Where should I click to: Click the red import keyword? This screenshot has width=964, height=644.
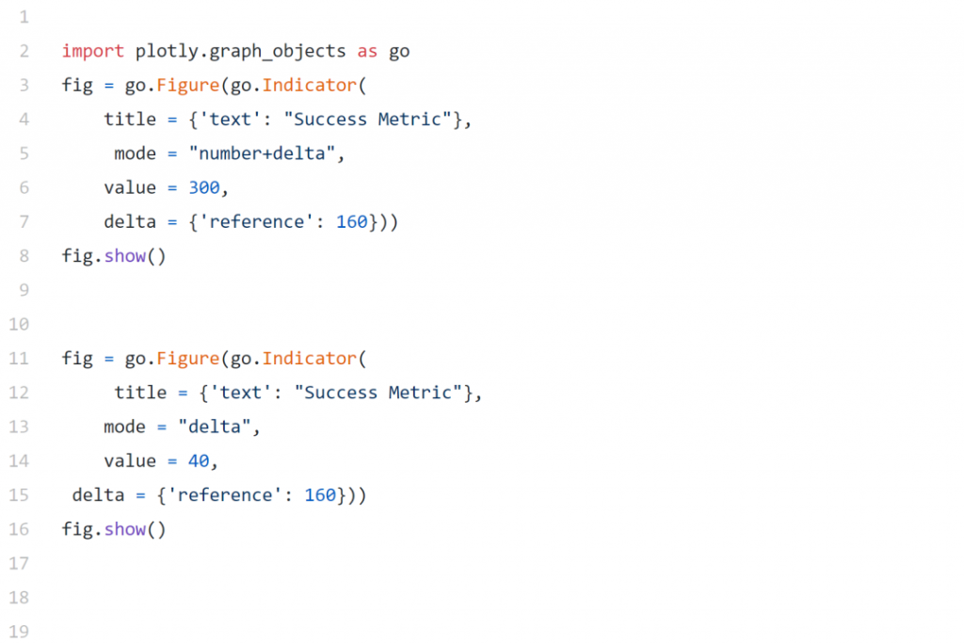coord(93,51)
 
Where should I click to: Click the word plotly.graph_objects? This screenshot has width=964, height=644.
coord(240,51)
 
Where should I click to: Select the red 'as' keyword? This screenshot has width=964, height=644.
coord(367,52)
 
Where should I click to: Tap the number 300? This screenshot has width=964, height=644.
coord(203,187)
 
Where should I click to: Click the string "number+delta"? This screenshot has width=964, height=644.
coord(262,153)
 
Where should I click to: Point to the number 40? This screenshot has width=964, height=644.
coord(199,461)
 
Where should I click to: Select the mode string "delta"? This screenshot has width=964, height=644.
coord(215,427)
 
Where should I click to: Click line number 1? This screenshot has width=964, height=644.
coord(24,17)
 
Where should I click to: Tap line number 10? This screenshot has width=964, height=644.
coord(19,324)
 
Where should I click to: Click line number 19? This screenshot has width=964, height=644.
coord(19,631)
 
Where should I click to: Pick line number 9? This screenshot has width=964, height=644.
coord(24,290)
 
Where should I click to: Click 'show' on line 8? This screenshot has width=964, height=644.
coord(125,256)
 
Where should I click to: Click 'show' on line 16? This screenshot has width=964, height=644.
coord(125,529)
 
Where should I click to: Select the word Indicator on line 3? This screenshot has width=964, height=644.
coord(309,85)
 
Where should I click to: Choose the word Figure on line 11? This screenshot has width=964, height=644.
coord(187,359)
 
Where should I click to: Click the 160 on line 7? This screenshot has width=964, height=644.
coord(352,222)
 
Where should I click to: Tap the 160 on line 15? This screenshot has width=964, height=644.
coord(320,495)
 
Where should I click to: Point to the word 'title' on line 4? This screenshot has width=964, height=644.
coord(130,120)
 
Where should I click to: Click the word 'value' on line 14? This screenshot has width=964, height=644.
coord(130,461)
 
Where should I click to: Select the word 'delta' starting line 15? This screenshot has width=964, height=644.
coord(98,495)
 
